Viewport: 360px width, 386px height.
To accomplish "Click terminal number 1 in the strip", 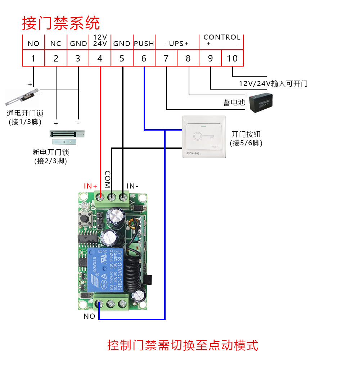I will coord(33,58).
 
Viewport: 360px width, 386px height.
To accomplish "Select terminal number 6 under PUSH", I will coord(144,58).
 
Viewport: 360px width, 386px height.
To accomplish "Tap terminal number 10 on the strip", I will coord(232,58).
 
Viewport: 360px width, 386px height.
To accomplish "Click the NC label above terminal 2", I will coord(56,44).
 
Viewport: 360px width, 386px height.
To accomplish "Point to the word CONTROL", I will coord(222,37).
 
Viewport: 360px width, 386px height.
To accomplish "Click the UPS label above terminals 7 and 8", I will coord(177,44).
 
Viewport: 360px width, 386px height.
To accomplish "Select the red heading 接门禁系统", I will coord(61,23).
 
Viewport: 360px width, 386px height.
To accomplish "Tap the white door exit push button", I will coord(204,137).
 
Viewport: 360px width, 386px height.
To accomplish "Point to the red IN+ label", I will coord(91,186).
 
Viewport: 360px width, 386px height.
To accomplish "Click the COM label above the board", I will coord(107,179).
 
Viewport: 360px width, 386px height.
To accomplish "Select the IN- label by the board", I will coord(132,186).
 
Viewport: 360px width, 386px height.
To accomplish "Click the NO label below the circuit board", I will coord(89,316).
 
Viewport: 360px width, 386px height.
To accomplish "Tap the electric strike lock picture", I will coord(22,96).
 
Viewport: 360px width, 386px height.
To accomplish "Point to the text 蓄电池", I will coord(234,103).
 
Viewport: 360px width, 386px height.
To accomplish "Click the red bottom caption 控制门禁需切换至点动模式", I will coord(183,345).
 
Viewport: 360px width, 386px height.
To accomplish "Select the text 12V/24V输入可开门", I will coord(273,84).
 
